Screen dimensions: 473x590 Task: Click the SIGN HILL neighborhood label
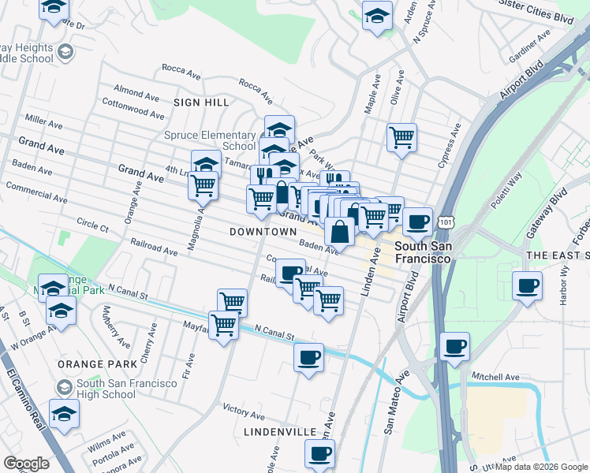coord(202,102)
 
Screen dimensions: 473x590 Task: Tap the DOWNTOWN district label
coord(263,232)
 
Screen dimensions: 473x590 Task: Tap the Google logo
coord(26,464)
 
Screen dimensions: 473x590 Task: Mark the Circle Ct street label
coord(93,225)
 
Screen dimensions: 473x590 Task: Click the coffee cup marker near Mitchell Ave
coord(454,345)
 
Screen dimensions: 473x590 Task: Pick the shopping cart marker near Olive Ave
coord(402,137)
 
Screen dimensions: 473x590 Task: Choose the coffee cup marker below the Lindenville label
coord(319,453)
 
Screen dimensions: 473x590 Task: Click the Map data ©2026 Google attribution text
coord(541,467)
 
